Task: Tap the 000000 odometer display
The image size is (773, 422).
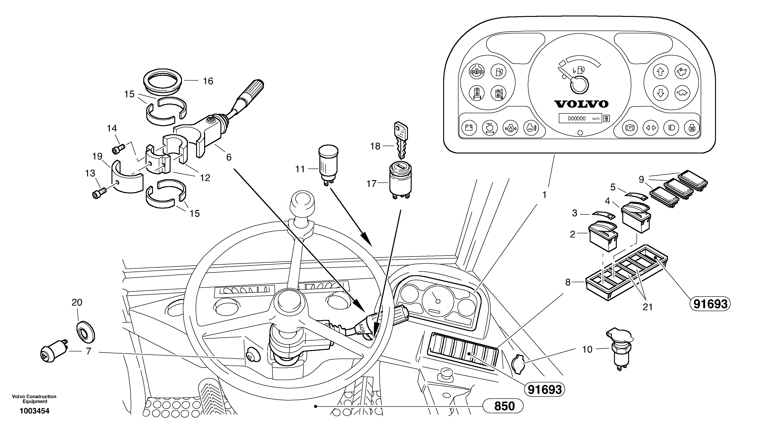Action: pyautogui.click(x=576, y=118)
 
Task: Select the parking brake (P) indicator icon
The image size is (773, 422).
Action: pyautogui.click(x=630, y=128)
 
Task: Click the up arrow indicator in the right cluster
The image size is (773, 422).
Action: pyautogui.click(x=661, y=72)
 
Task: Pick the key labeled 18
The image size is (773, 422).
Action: pyautogui.click(x=401, y=139)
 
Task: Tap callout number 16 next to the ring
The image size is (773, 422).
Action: pyautogui.click(x=208, y=81)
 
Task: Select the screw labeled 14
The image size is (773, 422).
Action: pyautogui.click(x=118, y=148)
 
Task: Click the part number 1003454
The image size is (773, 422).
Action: pyautogui.click(x=35, y=411)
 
